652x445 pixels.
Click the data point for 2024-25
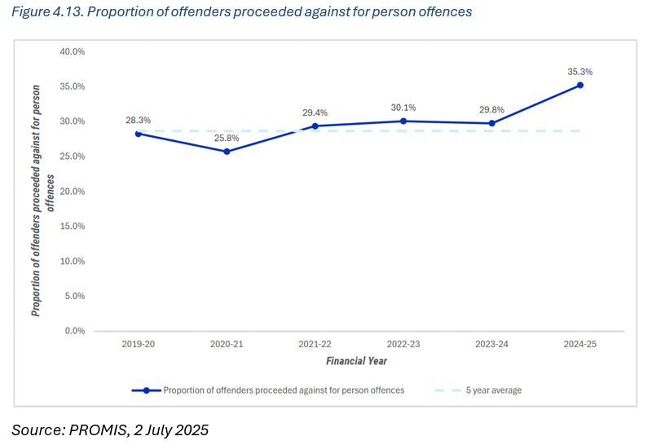point(580,85)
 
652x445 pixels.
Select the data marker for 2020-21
point(227,152)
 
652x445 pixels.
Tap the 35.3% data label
point(580,72)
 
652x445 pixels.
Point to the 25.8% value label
point(227,138)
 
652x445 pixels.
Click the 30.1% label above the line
point(403,107)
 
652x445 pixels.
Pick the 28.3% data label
point(138,120)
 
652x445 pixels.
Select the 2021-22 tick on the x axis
point(315,345)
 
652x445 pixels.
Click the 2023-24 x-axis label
point(491,345)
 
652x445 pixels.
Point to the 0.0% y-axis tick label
point(75,331)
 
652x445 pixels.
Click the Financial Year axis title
point(356,360)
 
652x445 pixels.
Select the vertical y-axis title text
point(42,192)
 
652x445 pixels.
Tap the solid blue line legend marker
point(146,390)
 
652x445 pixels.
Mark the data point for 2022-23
point(403,121)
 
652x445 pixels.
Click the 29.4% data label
point(315,112)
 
